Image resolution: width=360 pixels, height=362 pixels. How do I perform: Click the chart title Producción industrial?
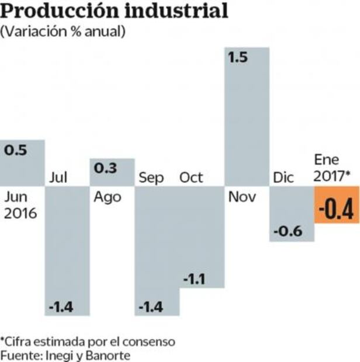115,11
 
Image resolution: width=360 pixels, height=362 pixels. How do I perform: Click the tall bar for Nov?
247,117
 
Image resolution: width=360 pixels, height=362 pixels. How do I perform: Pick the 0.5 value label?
16,151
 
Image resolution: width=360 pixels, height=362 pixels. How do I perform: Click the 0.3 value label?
105,169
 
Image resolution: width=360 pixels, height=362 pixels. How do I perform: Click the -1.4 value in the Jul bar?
61,307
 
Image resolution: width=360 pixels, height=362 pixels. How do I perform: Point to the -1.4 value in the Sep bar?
151,307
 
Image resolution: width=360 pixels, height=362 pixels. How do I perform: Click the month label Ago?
107,196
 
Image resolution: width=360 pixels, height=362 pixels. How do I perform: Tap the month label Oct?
191,177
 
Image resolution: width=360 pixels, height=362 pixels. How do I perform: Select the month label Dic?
284,177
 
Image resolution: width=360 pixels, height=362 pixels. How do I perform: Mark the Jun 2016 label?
20,205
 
